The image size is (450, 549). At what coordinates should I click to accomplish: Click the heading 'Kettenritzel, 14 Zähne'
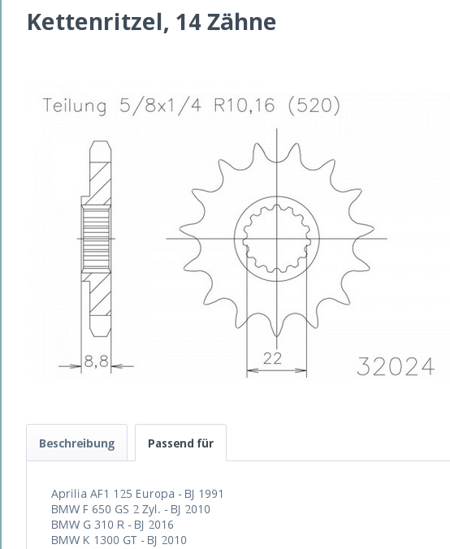pos(151,22)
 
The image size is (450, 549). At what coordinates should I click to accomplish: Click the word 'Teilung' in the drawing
pos(75,106)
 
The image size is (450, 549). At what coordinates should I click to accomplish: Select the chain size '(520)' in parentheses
pos(314,106)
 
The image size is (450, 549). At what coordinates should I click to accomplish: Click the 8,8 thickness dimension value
pos(97,363)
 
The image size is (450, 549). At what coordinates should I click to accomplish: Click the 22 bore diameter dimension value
pos(272,358)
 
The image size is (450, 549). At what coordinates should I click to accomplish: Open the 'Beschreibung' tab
pos(76,443)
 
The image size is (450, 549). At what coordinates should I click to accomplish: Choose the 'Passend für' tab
pos(180,443)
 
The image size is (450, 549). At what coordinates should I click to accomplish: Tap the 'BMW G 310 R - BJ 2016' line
pos(112,525)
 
